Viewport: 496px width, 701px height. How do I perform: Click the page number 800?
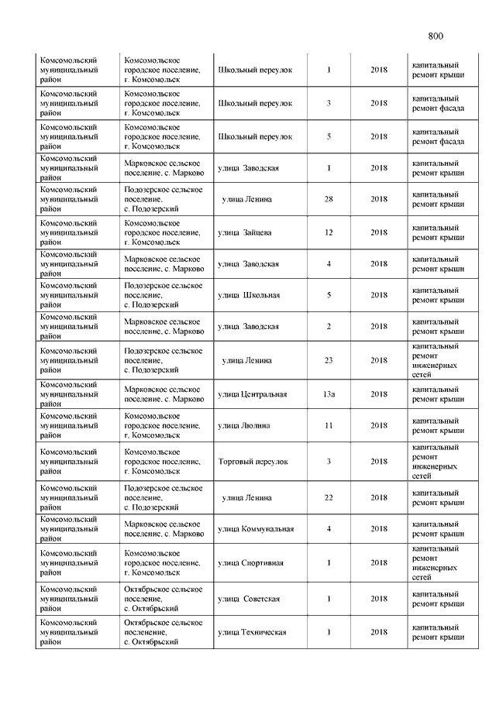pyautogui.click(x=435, y=36)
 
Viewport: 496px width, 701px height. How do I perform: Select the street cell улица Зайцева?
pyautogui.click(x=244, y=232)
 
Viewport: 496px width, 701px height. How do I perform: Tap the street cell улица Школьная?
pyautogui.click(x=249, y=295)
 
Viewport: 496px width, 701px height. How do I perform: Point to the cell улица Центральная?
pyautogui.click(x=252, y=394)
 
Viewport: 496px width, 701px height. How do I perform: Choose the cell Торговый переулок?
pyautogui.click(x=253, y=462)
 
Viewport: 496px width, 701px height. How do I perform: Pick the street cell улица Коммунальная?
pyautogui.click(x=256, y=529)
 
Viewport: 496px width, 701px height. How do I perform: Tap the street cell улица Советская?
pyautogui.click(x=249, y=599)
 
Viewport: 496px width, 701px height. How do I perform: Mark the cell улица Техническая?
pyautogui.click(x=252, y=632)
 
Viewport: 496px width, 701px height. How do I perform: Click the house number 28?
pyautogui.click(x=329, y=199)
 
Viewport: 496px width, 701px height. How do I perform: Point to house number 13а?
pyautogui.click(x=329, y=394)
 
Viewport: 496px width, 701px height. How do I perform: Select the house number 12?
pyautogui.click(x=329, y=232)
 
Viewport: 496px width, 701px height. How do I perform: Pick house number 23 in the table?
pyautogui.click(x=329, y=360)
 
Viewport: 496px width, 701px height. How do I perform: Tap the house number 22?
pyautogui.click(x=329, y=497)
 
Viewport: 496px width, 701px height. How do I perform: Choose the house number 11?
pyautogui.click(x=329, y=425)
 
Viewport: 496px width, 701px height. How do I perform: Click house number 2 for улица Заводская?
pyautogui.click(x=329, y=326)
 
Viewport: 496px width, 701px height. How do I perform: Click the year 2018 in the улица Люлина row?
pyautogui.click(x=379, y=425)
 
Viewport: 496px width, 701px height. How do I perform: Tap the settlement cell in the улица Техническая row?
pyautogui.click(x=164, y=632)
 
